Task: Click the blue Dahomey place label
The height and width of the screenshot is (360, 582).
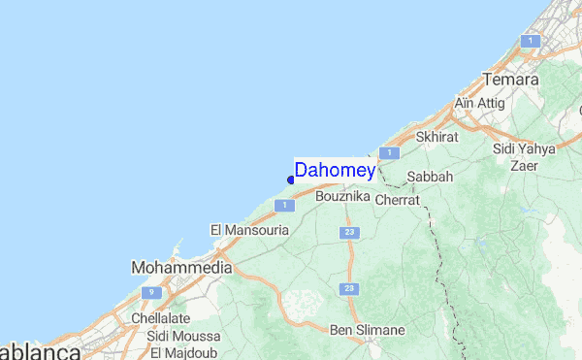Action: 335,170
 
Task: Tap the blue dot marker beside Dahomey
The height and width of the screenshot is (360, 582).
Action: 291,179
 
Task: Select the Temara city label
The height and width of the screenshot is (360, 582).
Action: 509,80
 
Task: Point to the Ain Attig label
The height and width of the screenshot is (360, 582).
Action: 477,103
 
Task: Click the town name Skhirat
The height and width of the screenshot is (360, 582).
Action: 436,137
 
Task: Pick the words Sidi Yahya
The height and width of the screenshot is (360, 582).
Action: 524,148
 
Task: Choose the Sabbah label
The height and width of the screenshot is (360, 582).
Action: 429,177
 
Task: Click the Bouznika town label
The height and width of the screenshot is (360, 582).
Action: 343,196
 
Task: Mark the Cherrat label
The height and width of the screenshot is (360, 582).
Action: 397,199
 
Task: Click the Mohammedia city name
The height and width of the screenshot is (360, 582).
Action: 181,267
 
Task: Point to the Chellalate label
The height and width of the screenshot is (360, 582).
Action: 160,317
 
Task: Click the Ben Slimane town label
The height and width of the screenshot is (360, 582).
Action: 367,330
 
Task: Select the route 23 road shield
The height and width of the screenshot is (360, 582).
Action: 348,233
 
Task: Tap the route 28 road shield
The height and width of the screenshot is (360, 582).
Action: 348,290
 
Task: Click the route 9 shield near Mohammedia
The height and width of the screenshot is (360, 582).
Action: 150,291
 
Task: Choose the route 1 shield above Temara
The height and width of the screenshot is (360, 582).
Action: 530,41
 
